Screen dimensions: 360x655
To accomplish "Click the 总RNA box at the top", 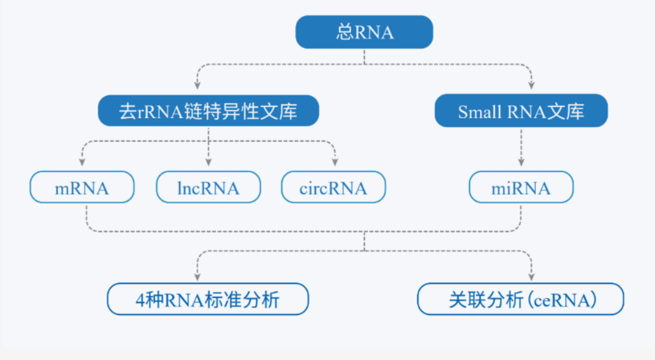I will (364, 32).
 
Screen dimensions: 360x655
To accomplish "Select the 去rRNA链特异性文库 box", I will (208, 111).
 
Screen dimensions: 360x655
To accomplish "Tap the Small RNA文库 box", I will (521, 111).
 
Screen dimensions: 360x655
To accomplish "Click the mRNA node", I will (82, 188).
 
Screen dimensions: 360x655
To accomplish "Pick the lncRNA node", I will (208, 188).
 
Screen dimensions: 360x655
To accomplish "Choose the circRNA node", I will (333, 188).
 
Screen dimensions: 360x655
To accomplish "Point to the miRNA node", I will (521, 188).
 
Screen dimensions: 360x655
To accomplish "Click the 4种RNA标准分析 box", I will (208, 299).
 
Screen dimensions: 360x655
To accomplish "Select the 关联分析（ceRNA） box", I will (520, 299).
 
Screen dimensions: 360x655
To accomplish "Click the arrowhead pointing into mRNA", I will (82, 163).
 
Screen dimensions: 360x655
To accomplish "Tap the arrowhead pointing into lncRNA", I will (209, 163).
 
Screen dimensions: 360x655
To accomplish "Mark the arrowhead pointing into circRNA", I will (335, 163).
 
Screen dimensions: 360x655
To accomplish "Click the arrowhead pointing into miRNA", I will (521, 163).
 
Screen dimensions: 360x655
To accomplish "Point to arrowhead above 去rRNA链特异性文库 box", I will (196, 85).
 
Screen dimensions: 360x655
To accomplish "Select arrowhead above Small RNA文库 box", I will (531, 85).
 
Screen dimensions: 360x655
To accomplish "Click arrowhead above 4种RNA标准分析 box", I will (196, 276).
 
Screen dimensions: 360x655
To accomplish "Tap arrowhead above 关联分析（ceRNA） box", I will (531, 276).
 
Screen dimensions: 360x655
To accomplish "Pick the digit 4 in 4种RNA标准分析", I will (139, 300).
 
